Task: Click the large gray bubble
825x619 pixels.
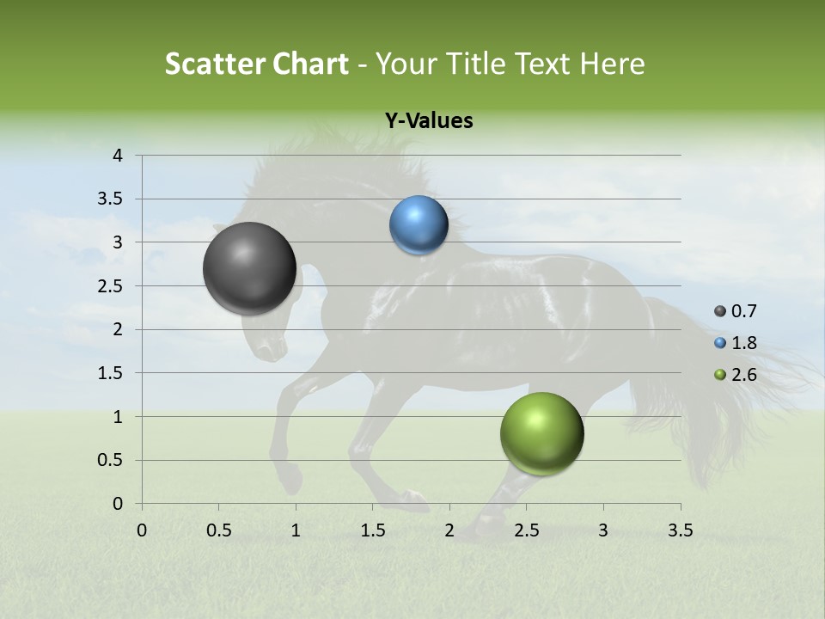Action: click(250, 268)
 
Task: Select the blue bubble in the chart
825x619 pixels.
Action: click(419, 225)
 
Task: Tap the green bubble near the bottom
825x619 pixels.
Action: click(541, 433)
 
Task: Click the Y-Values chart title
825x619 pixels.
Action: click(429, 121)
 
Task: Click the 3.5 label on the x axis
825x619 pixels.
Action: click(680, 530)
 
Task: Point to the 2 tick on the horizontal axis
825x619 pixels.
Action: click(449, 530)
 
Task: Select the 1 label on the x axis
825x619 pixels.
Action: click(296, 530)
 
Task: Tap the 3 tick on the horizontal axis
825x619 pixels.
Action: click(603, 530)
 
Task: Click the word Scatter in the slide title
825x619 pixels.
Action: click(213, 64)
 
